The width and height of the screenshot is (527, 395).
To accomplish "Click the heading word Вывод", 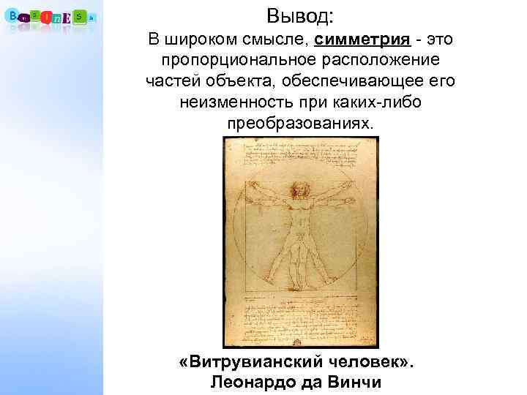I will coord(300,14).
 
